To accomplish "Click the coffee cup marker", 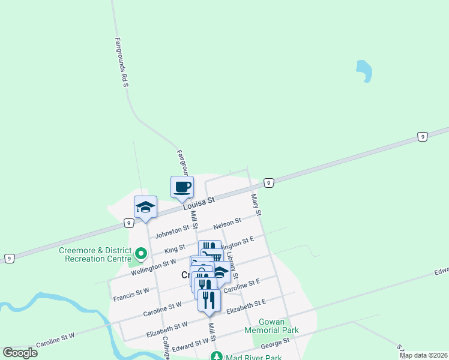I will [x=182, y=187].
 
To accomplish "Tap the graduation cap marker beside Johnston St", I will [x=145, y=207].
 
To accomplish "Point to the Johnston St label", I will [x=172, y=231].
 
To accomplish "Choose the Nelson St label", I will [x=227, y=223].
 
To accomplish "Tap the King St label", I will [x=175, y=248].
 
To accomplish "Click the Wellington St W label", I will [x=153, y=265].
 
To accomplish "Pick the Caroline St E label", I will [x=241, y=286].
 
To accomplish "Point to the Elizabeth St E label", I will [x=246, y=307].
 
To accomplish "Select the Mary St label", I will [x=257, y=204].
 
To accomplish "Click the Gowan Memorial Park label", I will [x=271, y=326].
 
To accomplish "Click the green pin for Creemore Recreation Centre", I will [x=141, y=254].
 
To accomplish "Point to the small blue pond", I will [x=364, y=70].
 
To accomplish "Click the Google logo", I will [x=20, y=353].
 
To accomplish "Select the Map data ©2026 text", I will [x=423, y=355].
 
